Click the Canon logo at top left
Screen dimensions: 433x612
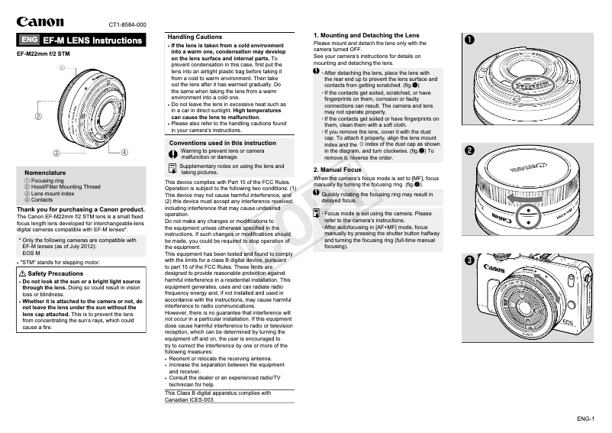(x=41, y=22)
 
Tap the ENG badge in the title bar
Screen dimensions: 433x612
(x=29, y=40)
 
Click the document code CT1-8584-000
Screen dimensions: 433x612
(x=127, y=24)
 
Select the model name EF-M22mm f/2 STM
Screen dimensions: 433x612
(x=43, y=54)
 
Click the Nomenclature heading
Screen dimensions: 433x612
(x=44, y=173)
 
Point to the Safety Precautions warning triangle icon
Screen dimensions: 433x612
(x=22, y=273)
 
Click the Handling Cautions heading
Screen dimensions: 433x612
(x=195, y=37)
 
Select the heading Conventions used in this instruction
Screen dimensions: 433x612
(x=222, y=143)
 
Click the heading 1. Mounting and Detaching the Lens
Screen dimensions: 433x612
(x=366, y=36)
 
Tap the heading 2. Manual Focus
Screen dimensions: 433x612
(x=340, y=169)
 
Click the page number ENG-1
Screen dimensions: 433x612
(x=585, y=418)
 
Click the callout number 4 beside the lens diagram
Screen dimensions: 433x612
(x=124, y=152)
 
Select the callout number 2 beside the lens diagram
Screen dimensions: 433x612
(x=37, y=116)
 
